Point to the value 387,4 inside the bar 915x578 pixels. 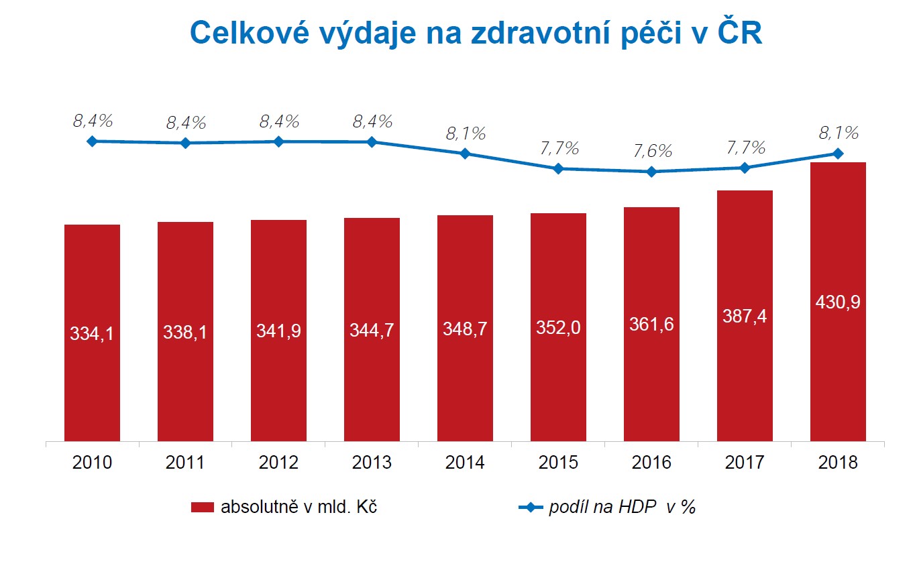click(745, 315)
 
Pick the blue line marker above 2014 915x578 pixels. click(465, 154)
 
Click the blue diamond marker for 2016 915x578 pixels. click(651, 172)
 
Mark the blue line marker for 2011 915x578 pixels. click(185, 143)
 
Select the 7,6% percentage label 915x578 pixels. click(652, 151)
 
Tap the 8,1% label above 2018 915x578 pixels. click(839, 133)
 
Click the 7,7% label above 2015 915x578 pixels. click(559, 148)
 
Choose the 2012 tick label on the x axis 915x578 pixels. click(278, 463)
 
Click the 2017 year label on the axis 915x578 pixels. click(745, 463)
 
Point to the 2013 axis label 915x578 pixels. click(372, 463)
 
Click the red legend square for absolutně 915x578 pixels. click(201, 508)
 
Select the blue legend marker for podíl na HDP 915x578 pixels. click(531, 508)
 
